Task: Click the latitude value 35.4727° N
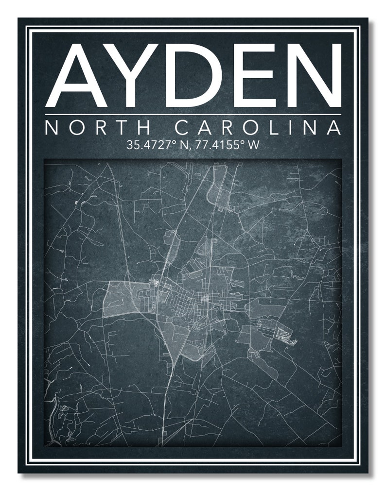tap(154, 145)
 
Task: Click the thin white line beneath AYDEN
tap(193, 115)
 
